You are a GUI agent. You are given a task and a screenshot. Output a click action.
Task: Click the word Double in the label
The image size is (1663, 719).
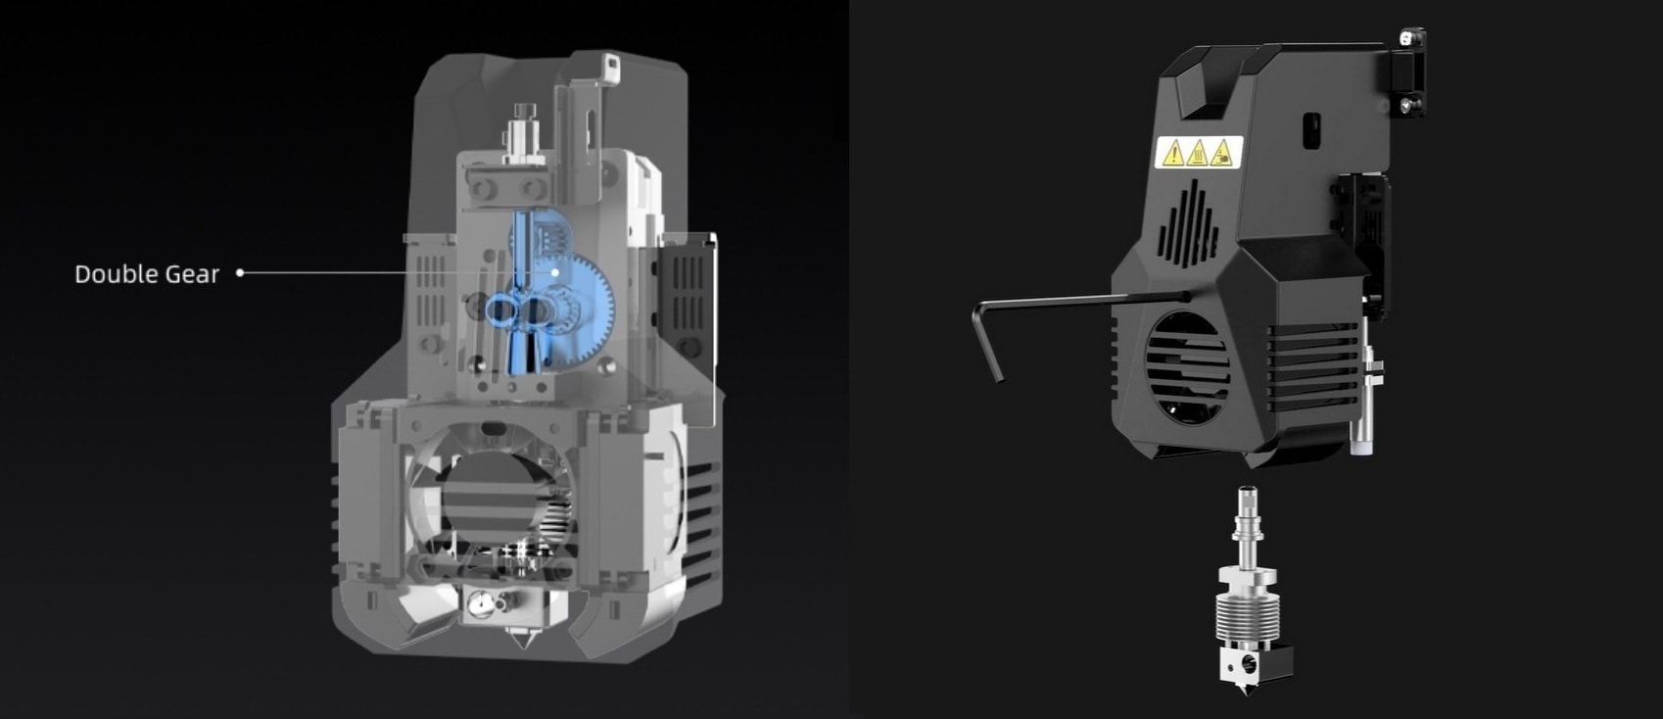[110, 274]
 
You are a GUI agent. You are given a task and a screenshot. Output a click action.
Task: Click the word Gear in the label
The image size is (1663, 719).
[194, 274]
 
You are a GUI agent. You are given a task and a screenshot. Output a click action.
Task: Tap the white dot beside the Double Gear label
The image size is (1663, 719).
[240, 272]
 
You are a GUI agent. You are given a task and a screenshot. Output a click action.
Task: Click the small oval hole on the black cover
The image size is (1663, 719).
[1312, 126]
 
